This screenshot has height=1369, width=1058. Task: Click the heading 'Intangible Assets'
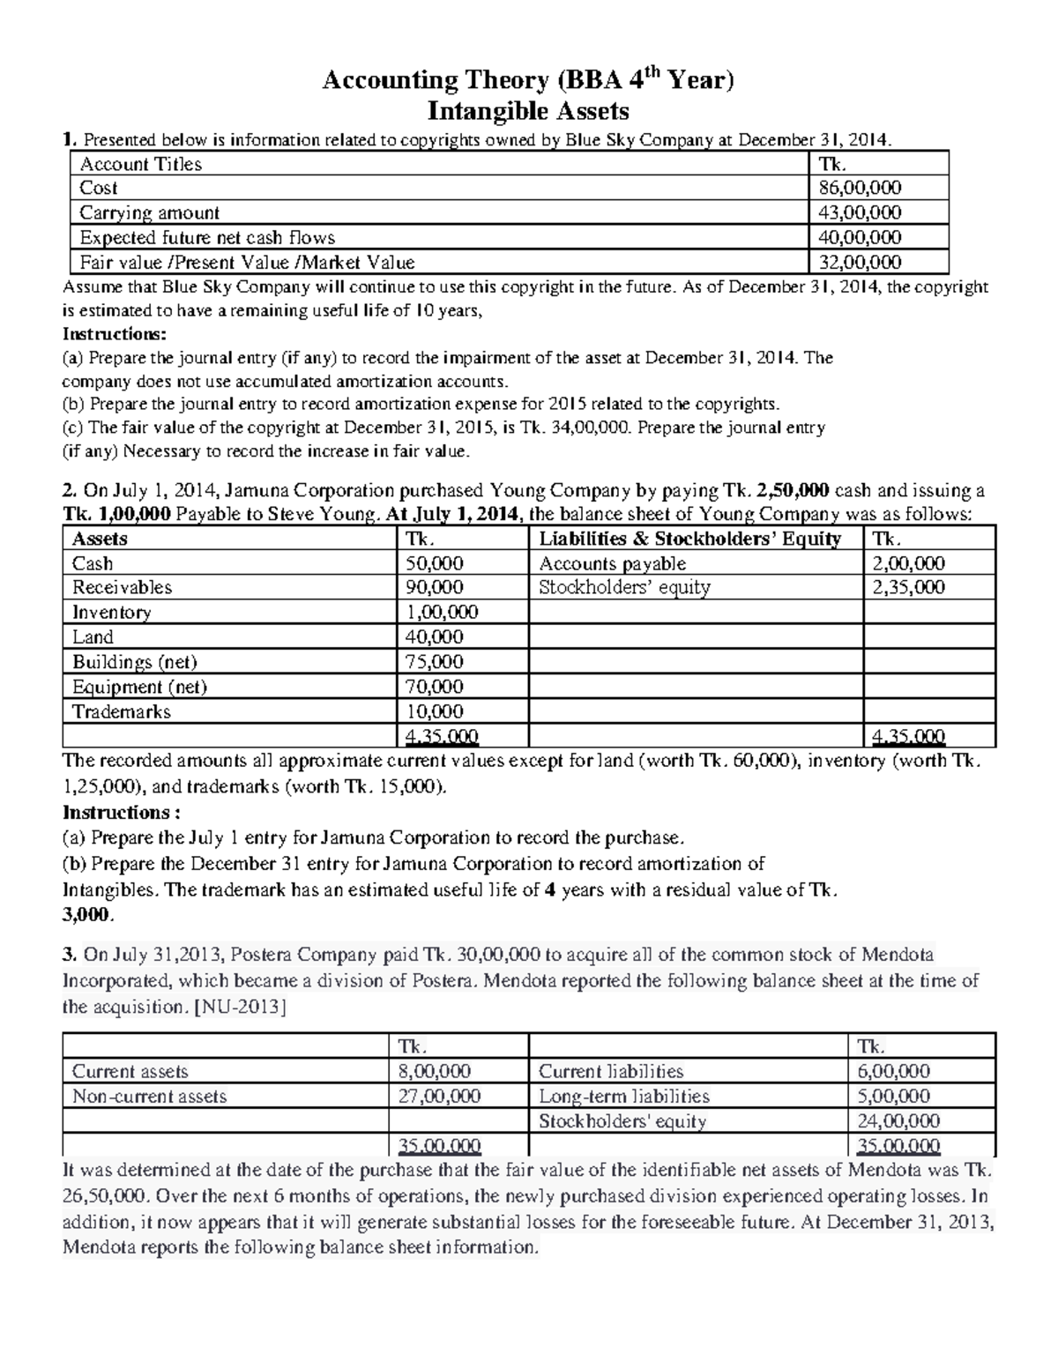tap(528, 111)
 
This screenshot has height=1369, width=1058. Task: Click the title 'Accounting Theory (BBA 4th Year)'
tap(528, 82)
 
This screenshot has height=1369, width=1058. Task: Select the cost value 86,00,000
tap(860, 188)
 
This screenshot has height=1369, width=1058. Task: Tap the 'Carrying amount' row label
tap(149, 212)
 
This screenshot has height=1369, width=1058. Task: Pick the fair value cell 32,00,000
tap(860, 262)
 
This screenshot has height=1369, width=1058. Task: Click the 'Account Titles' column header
tap(140, 164)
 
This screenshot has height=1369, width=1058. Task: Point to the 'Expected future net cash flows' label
tap(207, 237)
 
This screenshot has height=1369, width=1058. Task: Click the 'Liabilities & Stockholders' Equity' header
tap(689, 539)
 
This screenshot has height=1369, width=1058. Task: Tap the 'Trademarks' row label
tap(121, 711)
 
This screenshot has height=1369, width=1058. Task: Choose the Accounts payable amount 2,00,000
tap(908, 563)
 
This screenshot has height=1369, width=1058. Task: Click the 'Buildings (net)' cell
tap(134, 662)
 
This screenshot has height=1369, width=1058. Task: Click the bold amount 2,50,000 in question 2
tap(793, 491)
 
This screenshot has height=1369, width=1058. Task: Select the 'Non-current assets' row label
tap(149, 1097)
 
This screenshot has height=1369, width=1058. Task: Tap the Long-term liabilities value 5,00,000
tap(893, 1097)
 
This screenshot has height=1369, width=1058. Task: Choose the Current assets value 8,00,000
tap(435, 1072)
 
